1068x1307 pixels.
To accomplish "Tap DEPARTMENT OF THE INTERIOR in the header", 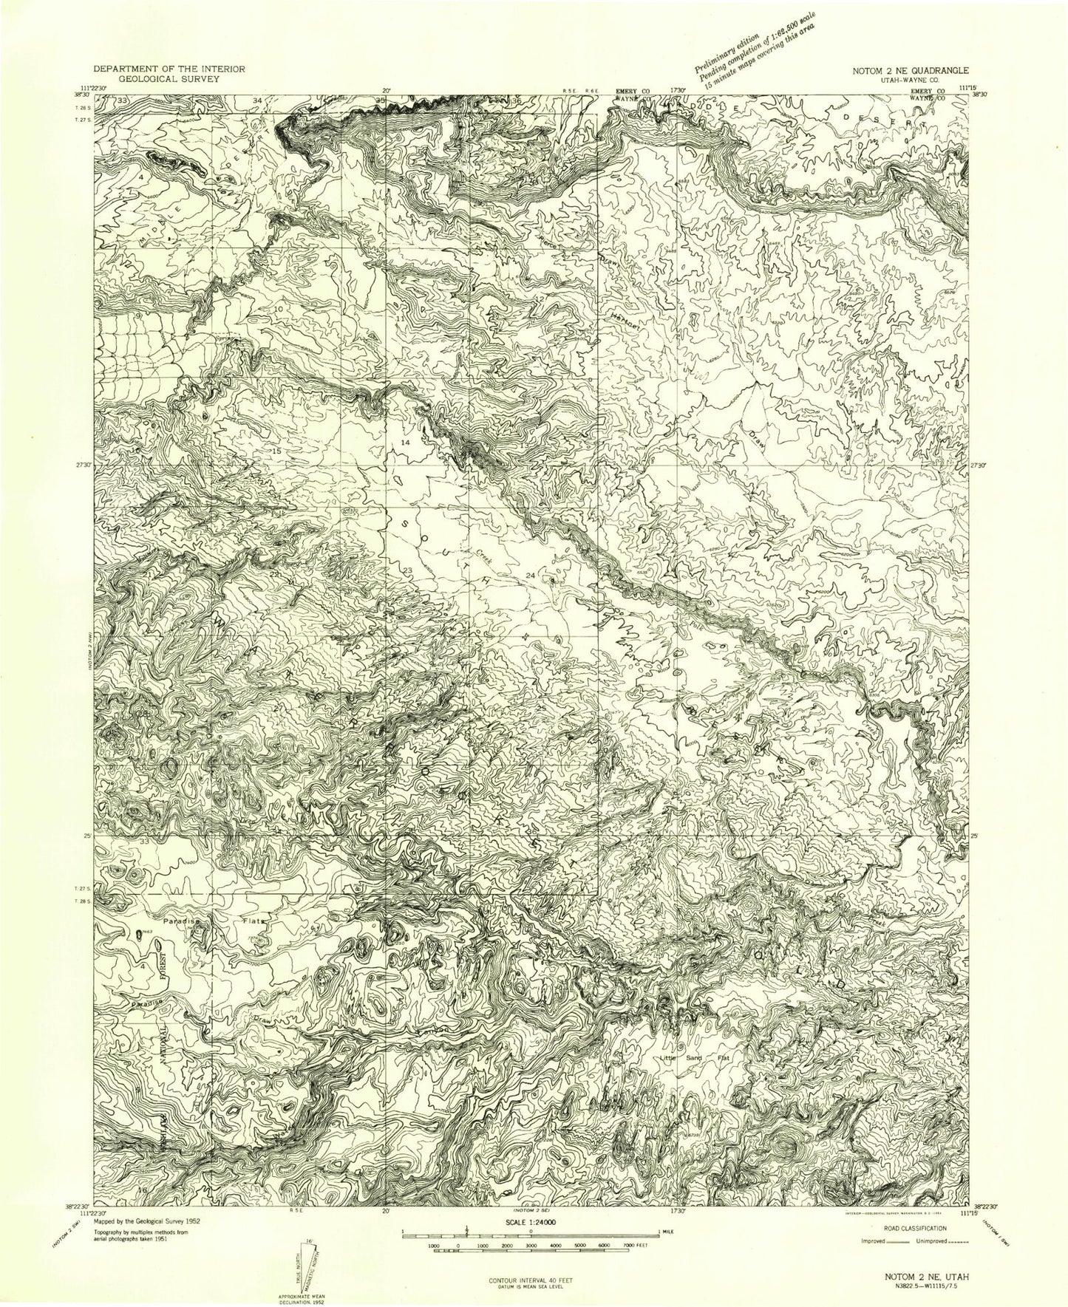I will pyautogui.click(x=180, y=67).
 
